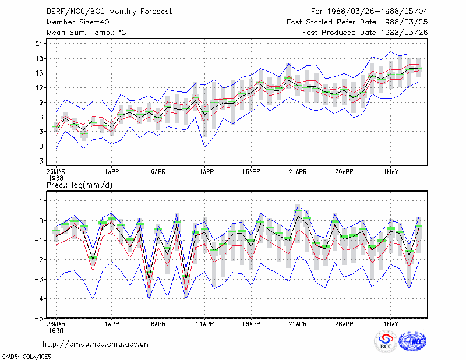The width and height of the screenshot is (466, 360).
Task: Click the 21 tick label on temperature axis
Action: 39,44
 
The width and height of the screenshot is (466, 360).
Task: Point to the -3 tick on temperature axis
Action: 38,161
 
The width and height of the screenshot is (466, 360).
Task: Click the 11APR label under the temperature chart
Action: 205,172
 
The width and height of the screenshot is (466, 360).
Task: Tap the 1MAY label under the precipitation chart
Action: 390,324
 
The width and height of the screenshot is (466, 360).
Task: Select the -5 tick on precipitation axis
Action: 38,319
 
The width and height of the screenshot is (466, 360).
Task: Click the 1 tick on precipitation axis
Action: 41,201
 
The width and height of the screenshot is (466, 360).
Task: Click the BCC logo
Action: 386,342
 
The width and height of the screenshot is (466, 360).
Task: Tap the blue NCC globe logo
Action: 412,341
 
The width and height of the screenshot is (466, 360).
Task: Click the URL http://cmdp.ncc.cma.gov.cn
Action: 96,344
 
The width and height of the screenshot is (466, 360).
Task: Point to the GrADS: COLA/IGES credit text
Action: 27,357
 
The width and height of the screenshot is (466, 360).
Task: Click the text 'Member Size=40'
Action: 78,22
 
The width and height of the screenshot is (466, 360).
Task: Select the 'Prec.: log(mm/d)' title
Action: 79,185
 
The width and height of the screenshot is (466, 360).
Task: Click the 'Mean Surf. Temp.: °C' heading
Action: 86,33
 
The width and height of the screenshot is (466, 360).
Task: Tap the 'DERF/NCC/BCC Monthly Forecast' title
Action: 109,12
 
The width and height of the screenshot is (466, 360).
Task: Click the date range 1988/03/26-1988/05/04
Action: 377,12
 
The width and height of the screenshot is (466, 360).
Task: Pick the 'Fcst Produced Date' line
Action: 365,33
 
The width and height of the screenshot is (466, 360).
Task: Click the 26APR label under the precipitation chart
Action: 344,324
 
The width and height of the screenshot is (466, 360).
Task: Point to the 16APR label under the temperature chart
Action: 251,172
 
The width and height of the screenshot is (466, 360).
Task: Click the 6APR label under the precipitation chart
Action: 158,324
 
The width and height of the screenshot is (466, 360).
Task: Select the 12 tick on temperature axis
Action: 39,88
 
